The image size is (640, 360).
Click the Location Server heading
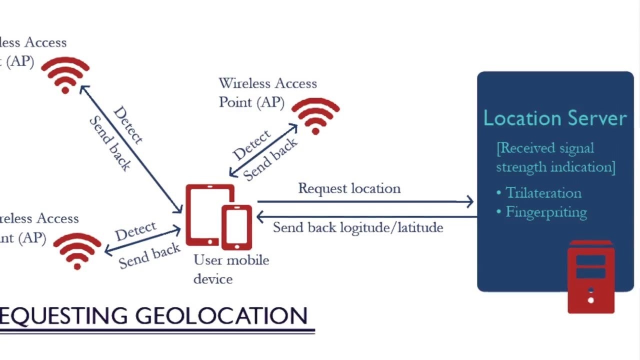pos(555,118)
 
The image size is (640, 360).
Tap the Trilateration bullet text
pos(543,193)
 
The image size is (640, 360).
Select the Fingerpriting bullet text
pos(546,212)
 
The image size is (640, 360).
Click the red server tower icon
pos(590,277)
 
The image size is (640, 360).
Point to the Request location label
pos(349,188)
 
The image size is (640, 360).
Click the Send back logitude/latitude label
pos(357,227)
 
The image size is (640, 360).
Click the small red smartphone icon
pos(236,227)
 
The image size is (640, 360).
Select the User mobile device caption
pos(231,269)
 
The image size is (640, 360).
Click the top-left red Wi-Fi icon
pos(65,74)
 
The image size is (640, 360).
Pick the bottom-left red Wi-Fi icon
pos(77,250)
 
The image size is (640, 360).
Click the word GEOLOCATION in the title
pos(221,316)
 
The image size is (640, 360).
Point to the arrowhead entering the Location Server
pos(469,202)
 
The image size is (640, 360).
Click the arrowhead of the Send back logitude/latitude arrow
pos(260,217)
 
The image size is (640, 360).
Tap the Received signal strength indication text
pos(555,157)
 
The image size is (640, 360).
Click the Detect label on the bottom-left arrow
pos(135,231)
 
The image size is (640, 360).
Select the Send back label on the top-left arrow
pos(110,143)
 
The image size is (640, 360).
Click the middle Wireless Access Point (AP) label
pos(267,92)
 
